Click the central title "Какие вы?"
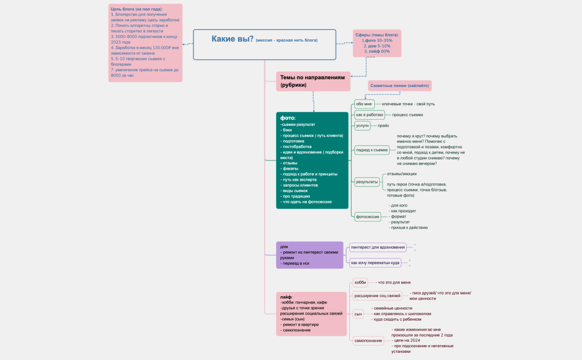232,39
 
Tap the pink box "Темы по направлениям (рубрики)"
313,81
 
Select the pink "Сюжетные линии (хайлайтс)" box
400,86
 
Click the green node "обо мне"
364,104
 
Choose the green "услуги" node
363,126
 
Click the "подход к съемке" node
372,150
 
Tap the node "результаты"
367,182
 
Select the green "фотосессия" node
368,217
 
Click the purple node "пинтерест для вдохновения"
378,247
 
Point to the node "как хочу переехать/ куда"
375,263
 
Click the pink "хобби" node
360,282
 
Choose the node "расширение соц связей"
377,296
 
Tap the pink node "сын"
358,314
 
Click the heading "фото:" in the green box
288,118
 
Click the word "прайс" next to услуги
384,126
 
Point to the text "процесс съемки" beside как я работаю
407,115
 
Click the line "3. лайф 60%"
377,52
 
